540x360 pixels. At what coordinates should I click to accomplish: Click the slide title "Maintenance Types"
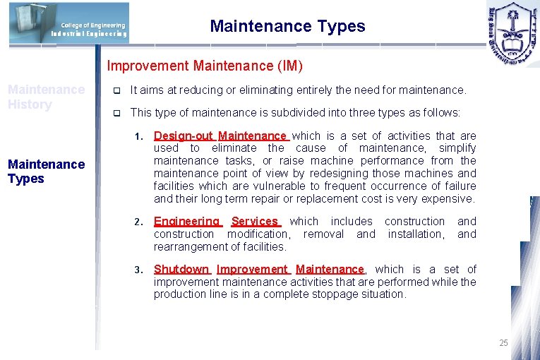pyautogui.click(x=287, y=27)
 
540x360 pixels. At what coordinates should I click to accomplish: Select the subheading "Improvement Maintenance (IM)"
pyautogui.click(x=205, y=66)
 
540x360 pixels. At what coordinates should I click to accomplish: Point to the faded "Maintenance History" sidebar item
pyautogui.click(x=46, y=97)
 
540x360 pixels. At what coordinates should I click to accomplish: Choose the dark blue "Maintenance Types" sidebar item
pyautogui.click(x=46, y=172)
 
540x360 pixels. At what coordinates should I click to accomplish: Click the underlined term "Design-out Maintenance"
pyautogui.click(x=220, y=136)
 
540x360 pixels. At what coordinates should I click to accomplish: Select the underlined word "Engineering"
pyautogui.click(x=187, y=222)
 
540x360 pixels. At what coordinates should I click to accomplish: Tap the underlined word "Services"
pyautogui.click(x=255, y=222)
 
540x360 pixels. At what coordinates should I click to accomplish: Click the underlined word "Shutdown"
pyautogui.click(x=181, y=270)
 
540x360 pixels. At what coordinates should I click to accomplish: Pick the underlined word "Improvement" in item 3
pyautogui.click(x=252, y=270)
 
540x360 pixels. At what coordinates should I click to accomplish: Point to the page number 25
pyautogui.click(x=503, y=343)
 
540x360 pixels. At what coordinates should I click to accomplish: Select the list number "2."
pyautogui.click(x=140, y=222)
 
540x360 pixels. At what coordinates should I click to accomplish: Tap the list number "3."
pyautogui.click(x=140, y=270)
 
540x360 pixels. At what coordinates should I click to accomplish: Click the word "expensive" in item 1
pyautogui.click(x=449, y=199)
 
